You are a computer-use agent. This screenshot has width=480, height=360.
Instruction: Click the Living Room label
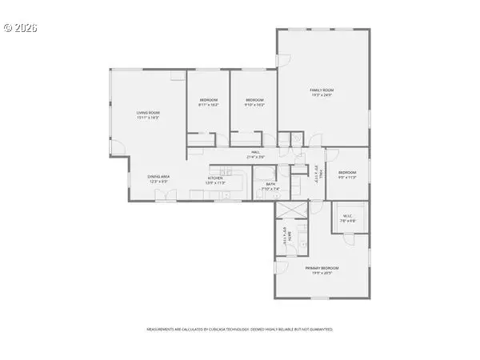coord(148,114)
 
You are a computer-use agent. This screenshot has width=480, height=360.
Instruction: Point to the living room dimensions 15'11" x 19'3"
coord(148,118)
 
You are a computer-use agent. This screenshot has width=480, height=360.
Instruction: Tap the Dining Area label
coord(158,177)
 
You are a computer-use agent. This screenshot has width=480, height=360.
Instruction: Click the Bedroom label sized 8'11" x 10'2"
coord(208,99)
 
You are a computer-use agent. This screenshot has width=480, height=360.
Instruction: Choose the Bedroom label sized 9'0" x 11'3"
coord(347,172)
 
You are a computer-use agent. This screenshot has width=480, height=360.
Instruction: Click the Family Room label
coord(322,90)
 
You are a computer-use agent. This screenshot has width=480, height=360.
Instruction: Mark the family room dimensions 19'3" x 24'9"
coord(322,95)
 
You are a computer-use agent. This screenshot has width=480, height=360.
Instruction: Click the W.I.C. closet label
coord(348,214)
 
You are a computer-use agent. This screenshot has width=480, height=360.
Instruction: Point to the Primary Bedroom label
coord(322,268)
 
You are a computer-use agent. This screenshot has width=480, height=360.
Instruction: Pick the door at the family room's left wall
coord(281,61)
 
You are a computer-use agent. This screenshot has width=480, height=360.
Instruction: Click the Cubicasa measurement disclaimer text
coord(239,329)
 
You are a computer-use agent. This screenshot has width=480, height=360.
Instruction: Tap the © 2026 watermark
coord(21,27)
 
